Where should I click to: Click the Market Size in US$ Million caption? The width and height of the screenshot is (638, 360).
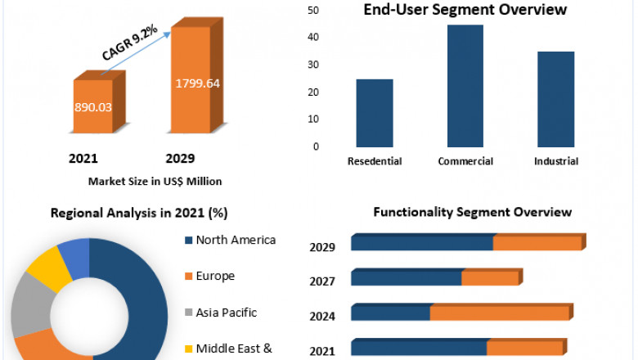155,181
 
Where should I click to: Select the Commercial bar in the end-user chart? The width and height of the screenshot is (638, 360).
465,86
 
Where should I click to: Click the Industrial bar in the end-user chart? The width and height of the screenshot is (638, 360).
555,99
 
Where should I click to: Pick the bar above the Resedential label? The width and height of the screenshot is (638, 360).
374,113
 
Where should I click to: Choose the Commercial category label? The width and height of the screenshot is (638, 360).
465,161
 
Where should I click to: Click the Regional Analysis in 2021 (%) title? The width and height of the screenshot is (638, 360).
139,213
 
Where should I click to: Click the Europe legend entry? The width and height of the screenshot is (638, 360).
215,276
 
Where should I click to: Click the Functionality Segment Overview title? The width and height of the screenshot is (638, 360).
472,212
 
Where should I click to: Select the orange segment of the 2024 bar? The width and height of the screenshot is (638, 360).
499,313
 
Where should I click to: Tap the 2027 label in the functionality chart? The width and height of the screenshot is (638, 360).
321,281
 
